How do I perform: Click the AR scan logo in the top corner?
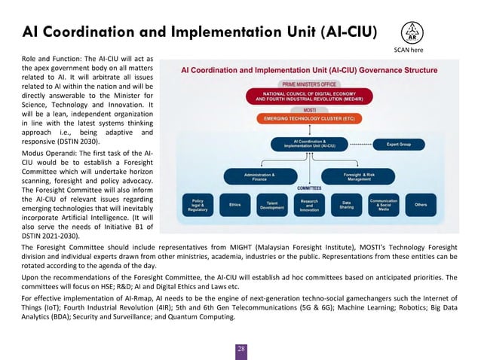tap(412, 32)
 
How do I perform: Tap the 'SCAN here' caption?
tap(412, 50)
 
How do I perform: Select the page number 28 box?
tap(241, 349)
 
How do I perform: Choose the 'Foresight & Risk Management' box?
tap(358, 176)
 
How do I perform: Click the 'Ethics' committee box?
tap(235, 204)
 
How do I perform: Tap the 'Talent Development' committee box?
tap(271, 205)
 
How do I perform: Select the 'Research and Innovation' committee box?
tap(309, 205)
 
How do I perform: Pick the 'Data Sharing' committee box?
tap(347, 204)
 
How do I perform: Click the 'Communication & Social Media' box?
tap(384, 204)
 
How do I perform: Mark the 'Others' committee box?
tap(421, 204)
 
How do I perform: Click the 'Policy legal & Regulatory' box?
tap(198, 205)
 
